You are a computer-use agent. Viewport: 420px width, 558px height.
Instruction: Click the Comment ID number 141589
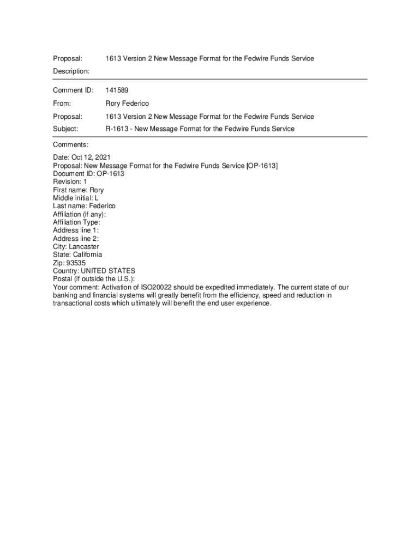[117, 90]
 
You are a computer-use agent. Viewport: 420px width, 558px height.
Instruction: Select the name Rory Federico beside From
[127, 104]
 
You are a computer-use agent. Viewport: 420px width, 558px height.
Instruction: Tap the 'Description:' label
[71, 71]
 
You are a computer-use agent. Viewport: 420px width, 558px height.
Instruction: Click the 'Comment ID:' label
[73, 90]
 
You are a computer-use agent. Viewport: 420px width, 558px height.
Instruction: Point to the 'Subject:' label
[65, 129]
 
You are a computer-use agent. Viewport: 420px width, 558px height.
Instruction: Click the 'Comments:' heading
[70, 145]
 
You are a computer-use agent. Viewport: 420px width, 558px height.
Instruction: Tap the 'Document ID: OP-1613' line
[88, 174]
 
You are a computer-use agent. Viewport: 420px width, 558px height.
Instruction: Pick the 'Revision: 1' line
[70, 182]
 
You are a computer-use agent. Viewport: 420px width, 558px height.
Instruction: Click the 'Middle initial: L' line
[76, 198]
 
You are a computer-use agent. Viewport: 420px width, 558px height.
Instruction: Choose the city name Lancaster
[84, 247]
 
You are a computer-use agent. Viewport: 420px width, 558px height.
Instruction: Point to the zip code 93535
[76, 263]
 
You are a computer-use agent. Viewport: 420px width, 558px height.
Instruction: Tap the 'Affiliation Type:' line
[76, 222]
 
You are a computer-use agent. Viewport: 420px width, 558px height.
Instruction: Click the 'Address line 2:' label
[76, 239]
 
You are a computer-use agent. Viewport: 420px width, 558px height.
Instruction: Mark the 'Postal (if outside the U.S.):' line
[94, 279]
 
